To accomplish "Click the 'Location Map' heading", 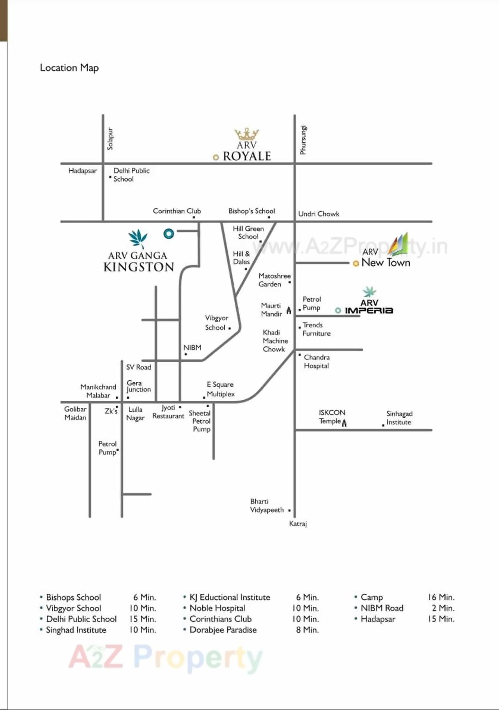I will click(x=69, y=68).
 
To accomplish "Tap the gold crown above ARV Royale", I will click(x=246, y=134).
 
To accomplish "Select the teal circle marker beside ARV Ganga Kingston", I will click(x=169, y=233).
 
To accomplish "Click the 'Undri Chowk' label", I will click(x=319, y=214).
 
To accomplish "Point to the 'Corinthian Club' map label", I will click(x=177, y=211).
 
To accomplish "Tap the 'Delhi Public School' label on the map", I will click(x=131, y=175).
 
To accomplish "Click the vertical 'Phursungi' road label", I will click(x=303, y=140).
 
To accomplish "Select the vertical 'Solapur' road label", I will click(x=110, y=139).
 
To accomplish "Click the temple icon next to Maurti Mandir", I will click(x=289, y=310).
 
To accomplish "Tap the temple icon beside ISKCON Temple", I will click(x=344, y=423).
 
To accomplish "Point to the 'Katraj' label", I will click(x=298, y=524).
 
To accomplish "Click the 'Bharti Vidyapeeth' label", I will click(x=267, y=506).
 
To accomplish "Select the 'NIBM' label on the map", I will click(x=192, y=348).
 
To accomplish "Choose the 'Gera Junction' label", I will click(x=138, y=386).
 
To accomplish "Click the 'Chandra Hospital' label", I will click(x=317, y=362).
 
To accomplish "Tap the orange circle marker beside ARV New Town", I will click(x=356, y=263).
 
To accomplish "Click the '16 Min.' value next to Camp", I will click(x=441, y=597).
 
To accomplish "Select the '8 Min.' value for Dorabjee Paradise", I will click(x=307, y=630).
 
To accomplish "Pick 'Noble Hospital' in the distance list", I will click(x=217, y=608).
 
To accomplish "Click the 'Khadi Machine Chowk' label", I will click(x=275, y=341).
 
